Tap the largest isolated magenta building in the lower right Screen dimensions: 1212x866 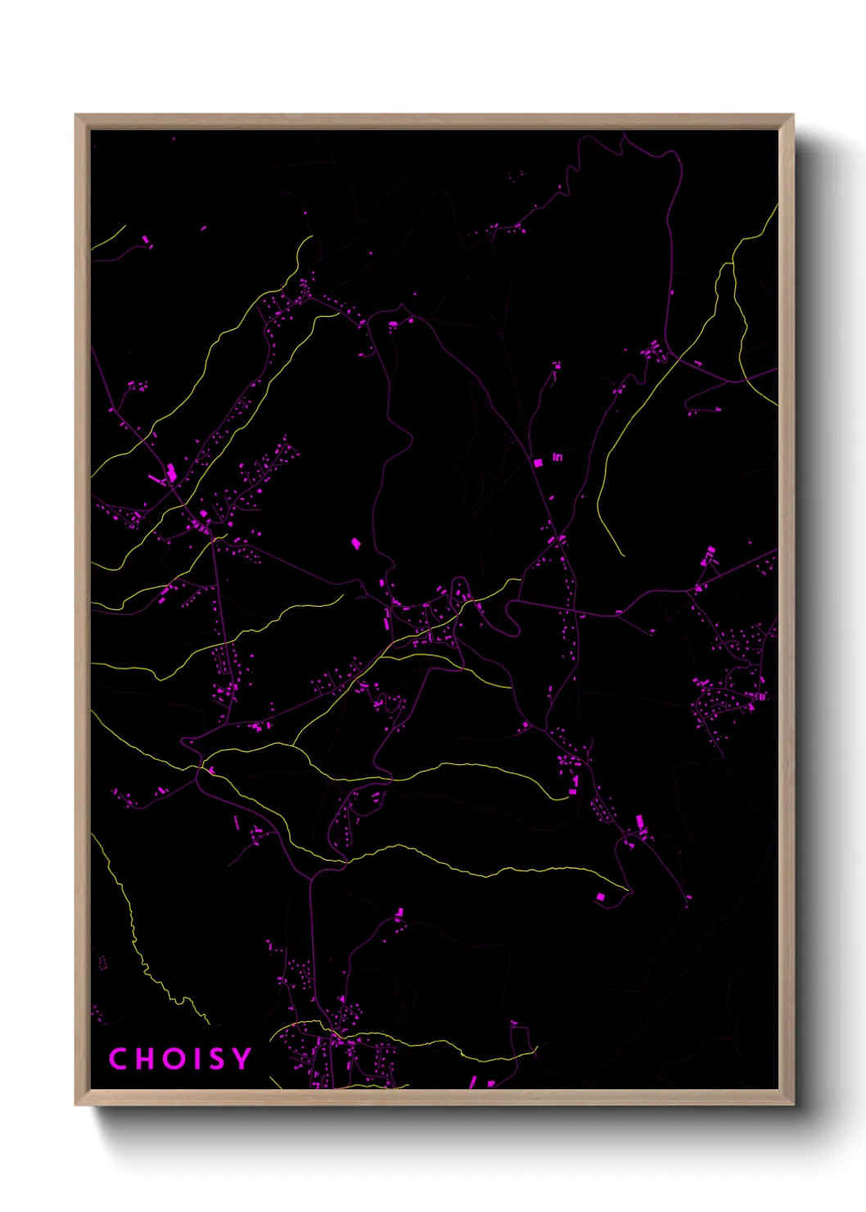coord(600,898)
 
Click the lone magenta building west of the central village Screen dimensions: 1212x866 coord(356,543)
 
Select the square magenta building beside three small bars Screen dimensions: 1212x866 coord(538,463)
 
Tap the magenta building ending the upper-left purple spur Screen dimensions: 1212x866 coord(147,240)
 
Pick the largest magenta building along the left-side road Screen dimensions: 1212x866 coord(172,473)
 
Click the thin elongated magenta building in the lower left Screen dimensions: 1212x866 coord(237,821)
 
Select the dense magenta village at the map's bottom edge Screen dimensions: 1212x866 coord(336,1056)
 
